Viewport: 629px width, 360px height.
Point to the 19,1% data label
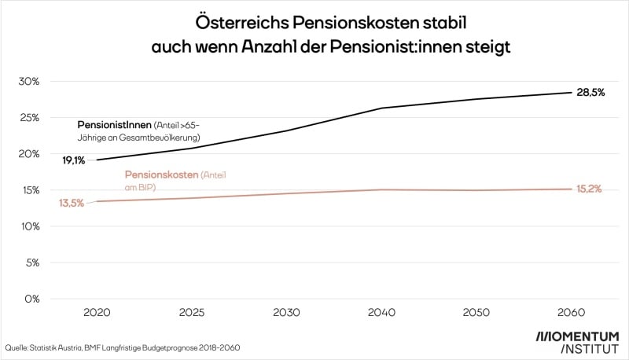pyautogui.click(x=75, y=160)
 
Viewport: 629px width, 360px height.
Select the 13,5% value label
pyautogui.click(x=72, y=203)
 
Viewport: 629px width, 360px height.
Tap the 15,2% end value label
pyautogui.click(x=588, y=189)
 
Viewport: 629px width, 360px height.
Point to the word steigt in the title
pyautogui.click(x=485, y=46)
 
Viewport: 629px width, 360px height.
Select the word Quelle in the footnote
pyautogui.click(x=17, y=347)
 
